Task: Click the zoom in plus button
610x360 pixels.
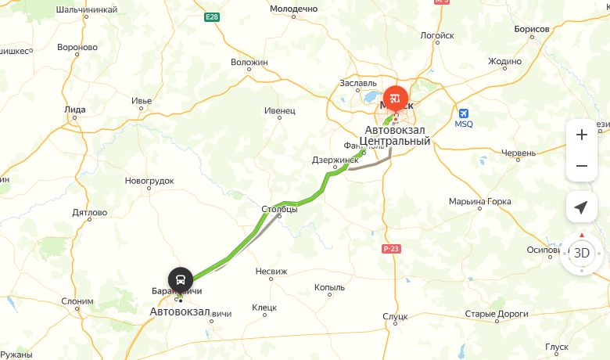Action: point(581,135)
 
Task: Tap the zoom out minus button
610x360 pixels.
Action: point(581,166)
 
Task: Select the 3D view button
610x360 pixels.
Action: point(581,253)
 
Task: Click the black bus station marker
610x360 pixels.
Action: point(180,279)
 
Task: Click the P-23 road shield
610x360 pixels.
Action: point(391,249)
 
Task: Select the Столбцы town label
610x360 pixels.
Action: point(279,209)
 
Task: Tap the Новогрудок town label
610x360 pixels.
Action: point(149,181)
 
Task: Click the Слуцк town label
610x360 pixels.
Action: point(396,316)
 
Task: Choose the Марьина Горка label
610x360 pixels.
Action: point(479,202)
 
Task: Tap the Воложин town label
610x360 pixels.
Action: point(249,62)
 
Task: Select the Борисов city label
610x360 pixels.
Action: point(532,29)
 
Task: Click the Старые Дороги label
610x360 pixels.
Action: point(497,314)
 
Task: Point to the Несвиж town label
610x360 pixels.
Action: point(271,271)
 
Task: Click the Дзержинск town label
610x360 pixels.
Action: point(329,160)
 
